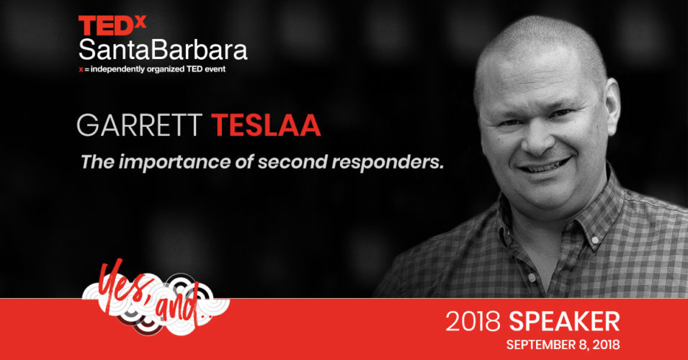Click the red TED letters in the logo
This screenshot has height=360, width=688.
(x=106, y=26)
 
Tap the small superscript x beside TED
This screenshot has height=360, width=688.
(x=140, y=22)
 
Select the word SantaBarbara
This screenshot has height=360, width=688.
(x=163, y=49)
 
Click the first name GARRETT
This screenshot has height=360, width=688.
(x=140, y=125)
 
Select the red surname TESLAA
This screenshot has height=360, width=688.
(x=266, y=125)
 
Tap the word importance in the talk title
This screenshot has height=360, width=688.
(x=174, y=163)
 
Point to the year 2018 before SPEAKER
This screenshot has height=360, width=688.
(x=473, y=321)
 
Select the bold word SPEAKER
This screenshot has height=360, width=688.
(x=564, y=321)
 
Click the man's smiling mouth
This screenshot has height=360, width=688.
(x=545, y=166)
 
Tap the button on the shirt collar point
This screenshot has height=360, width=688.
(x=595, y=240)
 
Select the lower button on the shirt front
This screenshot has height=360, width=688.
(x=532, y=277)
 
